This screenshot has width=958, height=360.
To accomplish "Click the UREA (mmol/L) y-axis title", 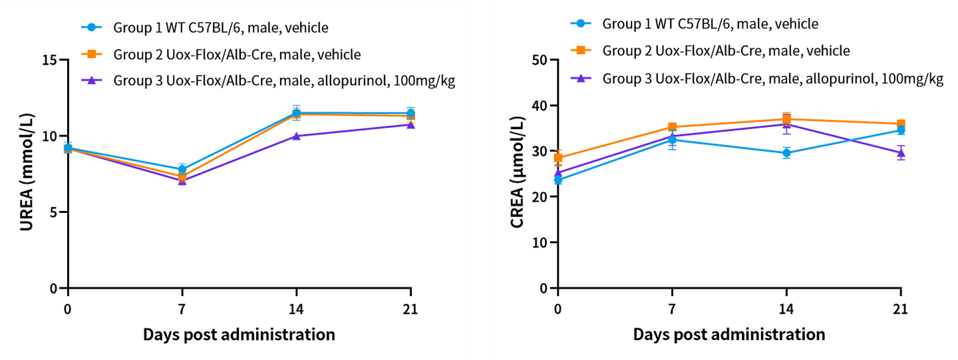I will click(x=27, y=174).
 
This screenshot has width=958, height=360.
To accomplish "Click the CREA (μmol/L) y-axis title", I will click(x=517, y=174).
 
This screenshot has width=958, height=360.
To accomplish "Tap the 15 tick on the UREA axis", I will click(x=49, y=61).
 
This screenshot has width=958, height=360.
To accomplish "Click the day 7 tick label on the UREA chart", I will click(x=182, y=310).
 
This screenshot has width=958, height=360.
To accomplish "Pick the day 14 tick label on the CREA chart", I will click(x=786, y=310).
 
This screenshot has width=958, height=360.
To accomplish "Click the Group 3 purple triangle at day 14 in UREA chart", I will click(x=296, y=136).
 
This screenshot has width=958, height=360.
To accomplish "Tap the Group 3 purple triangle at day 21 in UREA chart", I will click(x=411, y=124).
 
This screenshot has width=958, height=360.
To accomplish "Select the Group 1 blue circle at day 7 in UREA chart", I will click(x=182, y=170).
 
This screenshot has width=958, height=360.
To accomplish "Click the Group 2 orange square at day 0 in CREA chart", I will click(x=558, y=158).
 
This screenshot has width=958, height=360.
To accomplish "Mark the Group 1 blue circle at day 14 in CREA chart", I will click(x=786, y=153).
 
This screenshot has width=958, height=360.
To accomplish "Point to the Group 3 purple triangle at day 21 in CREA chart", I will click(x=901, y=152).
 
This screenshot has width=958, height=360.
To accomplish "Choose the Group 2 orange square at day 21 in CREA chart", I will click(x=901, y=124).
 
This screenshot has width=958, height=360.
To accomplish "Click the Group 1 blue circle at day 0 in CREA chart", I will click(x=558, y=180).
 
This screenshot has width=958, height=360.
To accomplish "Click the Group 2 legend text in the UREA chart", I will click(x=238, y=54).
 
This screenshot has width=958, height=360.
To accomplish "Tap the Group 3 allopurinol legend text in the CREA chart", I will click(x=773, y=79).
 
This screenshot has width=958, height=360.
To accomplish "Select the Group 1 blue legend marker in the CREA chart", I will click(x=581, y=24).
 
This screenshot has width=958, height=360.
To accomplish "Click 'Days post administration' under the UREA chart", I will click(x=239, y=334).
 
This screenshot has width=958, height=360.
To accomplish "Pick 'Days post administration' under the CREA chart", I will click(x=729, y=334).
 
